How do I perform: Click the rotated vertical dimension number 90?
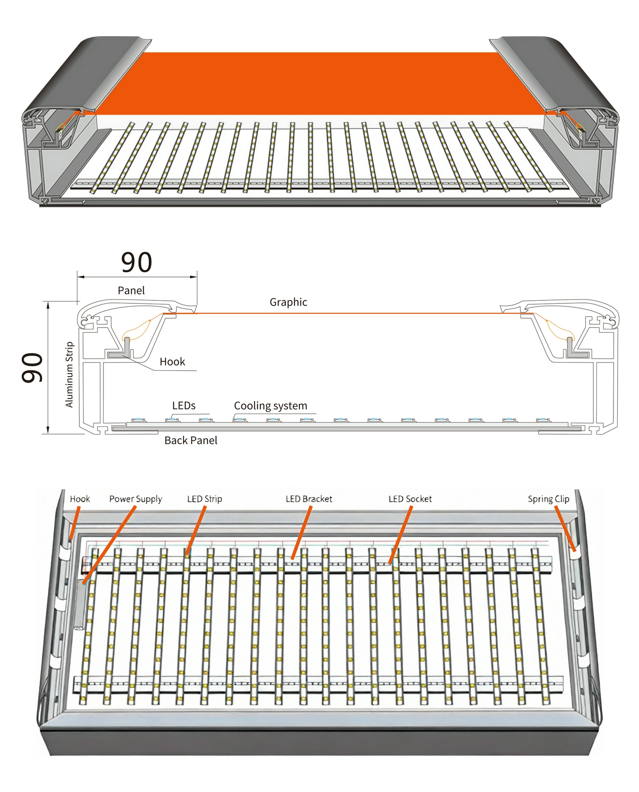pyautogui.click(x=32, y=367)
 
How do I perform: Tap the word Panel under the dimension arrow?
pyautogui.click(x=131, y=291)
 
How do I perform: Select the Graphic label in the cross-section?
pyautogui.click(x=288, y=302)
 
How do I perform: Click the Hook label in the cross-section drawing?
pyautogui.click(x=172, y=362)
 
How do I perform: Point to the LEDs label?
pyautogui.click(x=184, y=406)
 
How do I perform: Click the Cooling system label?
pyautogui.click(x=271, y=406)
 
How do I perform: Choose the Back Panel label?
pyautogui.click(x=191, y=441)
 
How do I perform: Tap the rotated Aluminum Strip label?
pyautogui.click(x=69, y=375)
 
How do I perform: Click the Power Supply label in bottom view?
pyautogui.click(x=135, y=499)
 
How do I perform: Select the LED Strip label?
pyautogui.click(x=204, y=499)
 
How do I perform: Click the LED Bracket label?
pyautogui.click(x=309, y=499)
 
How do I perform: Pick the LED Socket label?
pyautogui.click(x=410, y=499)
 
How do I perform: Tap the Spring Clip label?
pyautogui.click(x=548, y=499)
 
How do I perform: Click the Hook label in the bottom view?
pyautogui.click(x=80, y=499)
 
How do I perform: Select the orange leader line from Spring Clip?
pyautogui.click(x=565, y=528)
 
